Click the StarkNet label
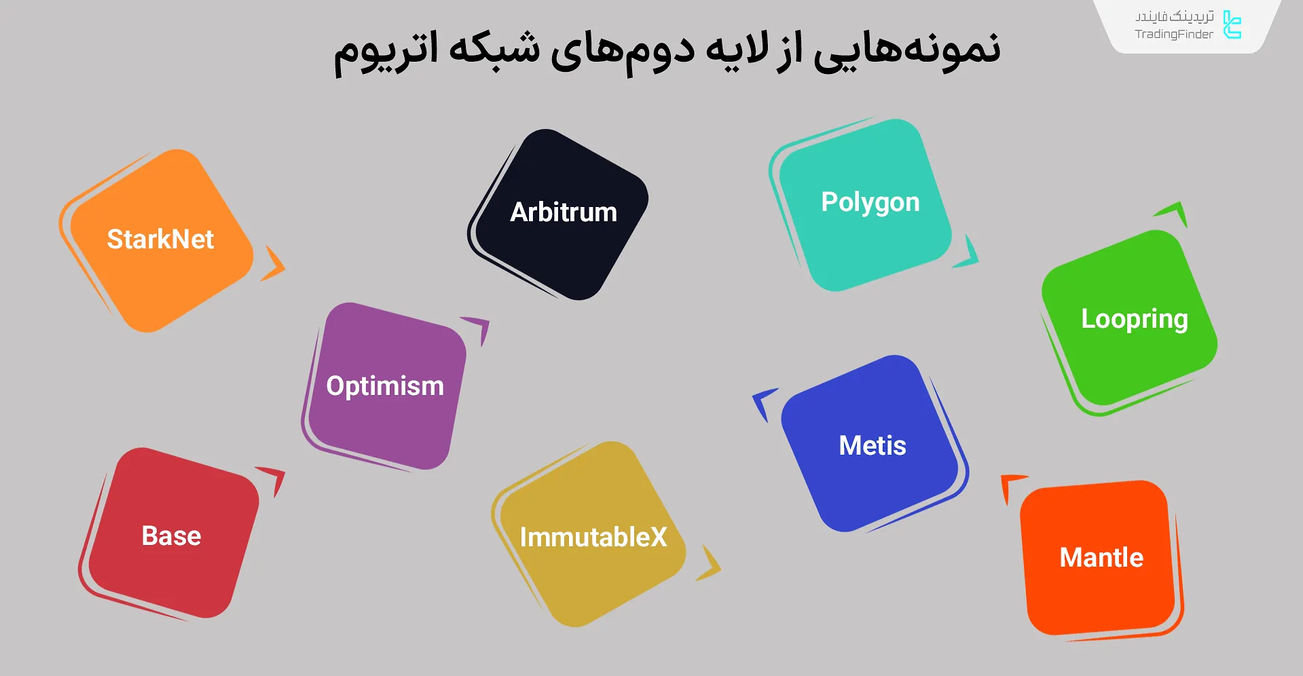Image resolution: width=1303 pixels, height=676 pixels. [x=160, y=239]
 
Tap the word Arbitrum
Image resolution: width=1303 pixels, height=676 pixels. [x=564, y=212]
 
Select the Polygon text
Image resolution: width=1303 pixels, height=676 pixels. [x=870, y=203]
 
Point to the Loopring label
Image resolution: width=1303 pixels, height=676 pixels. [x=1135, y=320]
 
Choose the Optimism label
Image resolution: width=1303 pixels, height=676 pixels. [x=385, y=386]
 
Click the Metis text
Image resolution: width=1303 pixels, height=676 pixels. [x=873, y=446]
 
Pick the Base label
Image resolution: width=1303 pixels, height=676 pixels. [x=171, y=536]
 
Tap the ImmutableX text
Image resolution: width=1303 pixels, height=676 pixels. [x=593, y=537]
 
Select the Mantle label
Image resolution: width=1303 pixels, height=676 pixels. [x=1101, y=557]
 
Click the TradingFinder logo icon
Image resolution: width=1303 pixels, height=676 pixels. [x=1232, y=24]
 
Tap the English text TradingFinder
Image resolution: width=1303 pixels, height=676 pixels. [x=1173, y=35]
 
